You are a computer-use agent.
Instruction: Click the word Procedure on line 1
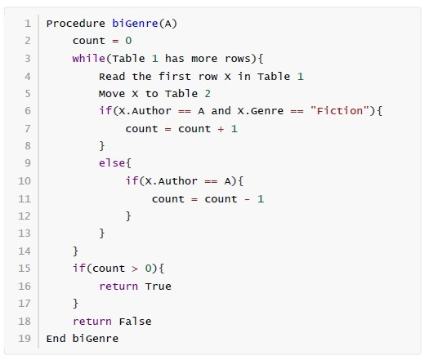pyautogui.click(x=76, y=24)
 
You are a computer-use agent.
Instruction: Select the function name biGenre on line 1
pyautogui.click(x=135, y=24)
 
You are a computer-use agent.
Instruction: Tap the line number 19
pyautogui.click(x=25, y=339)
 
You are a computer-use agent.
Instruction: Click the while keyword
pyautogui.click(x=88, y=59)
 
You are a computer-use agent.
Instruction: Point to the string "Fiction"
pyautogui.click(x=340, y=111)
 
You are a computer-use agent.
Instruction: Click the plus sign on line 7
pyautogui.click(x=221, y=129)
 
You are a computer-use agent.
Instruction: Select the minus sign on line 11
pyautogui.click(x=248, y=199)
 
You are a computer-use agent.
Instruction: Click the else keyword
pyautogui.click(x=112, y=163)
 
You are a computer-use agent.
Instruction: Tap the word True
pyautogui.click(x=159, y=287)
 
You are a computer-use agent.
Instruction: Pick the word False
pyautogui.click(x=135, y=321)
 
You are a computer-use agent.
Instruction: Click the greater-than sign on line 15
pyautogui.click(x=135, y=269)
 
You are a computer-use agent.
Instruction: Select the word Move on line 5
pyautogui.click(x=112, y=94)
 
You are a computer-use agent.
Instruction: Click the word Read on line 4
pyautogui.click(x=112, y=76)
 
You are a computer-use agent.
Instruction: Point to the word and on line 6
pyautogui.click(x=221, y=111)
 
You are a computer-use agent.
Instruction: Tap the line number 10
pyautogui.click(x=25, y=180)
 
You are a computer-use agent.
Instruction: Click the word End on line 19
pyautogui.click(x=56, y=339)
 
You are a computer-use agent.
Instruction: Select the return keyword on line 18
pyautogui.click(x=92, y=322)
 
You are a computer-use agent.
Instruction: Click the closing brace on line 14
pyautogui.click(x=75, y=251)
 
